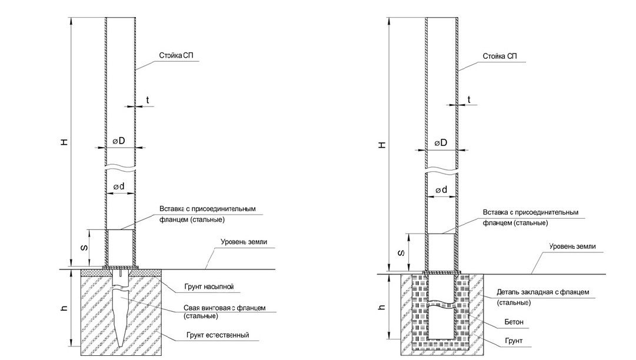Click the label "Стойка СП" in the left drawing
point(175,56)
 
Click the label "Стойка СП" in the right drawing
point(500,56)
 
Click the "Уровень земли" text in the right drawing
point(572,246)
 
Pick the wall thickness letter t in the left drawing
point(147,101)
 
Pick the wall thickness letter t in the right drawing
point(469,99)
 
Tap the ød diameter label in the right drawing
point(441,189)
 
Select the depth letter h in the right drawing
point(382,307)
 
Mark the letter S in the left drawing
point(84,248)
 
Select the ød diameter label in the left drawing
point(119,186)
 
